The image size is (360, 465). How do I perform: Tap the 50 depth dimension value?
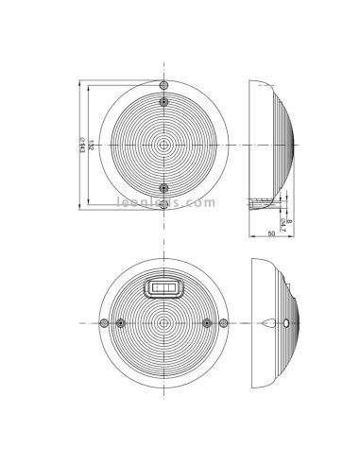[x=271, y=232]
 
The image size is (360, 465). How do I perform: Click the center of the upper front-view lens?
[x=164, y=145]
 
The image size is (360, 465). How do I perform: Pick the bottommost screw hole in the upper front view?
[x=164, y=203]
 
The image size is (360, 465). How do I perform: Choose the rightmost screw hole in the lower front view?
[x=224, y=324]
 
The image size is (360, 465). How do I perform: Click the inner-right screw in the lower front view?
[x=206, y=324]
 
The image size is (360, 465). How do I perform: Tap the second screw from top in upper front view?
[x=164, y=101]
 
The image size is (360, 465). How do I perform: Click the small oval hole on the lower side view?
[x=284, y=324]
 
